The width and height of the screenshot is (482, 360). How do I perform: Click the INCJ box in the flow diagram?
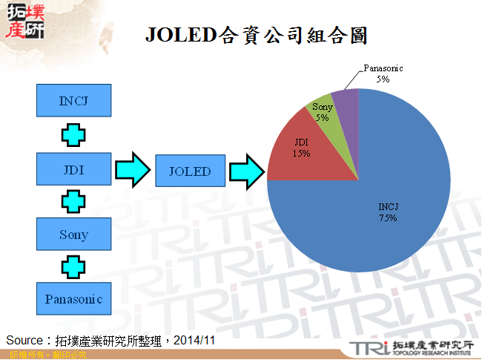pos(73,100)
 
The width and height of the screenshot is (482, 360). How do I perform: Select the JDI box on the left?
pos(73,169)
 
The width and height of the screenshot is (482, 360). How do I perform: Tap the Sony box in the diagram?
pos(73,235)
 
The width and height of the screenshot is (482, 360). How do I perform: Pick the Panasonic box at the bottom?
pos(73,299)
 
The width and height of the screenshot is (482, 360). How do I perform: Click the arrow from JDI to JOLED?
pos(133,170)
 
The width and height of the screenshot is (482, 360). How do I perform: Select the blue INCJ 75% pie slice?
pos(371,223)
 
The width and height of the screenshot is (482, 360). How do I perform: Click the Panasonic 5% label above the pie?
pos(383,73)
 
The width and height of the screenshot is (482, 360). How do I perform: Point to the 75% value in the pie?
pos(388,218)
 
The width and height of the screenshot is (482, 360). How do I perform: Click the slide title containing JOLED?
pos(256,35)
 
